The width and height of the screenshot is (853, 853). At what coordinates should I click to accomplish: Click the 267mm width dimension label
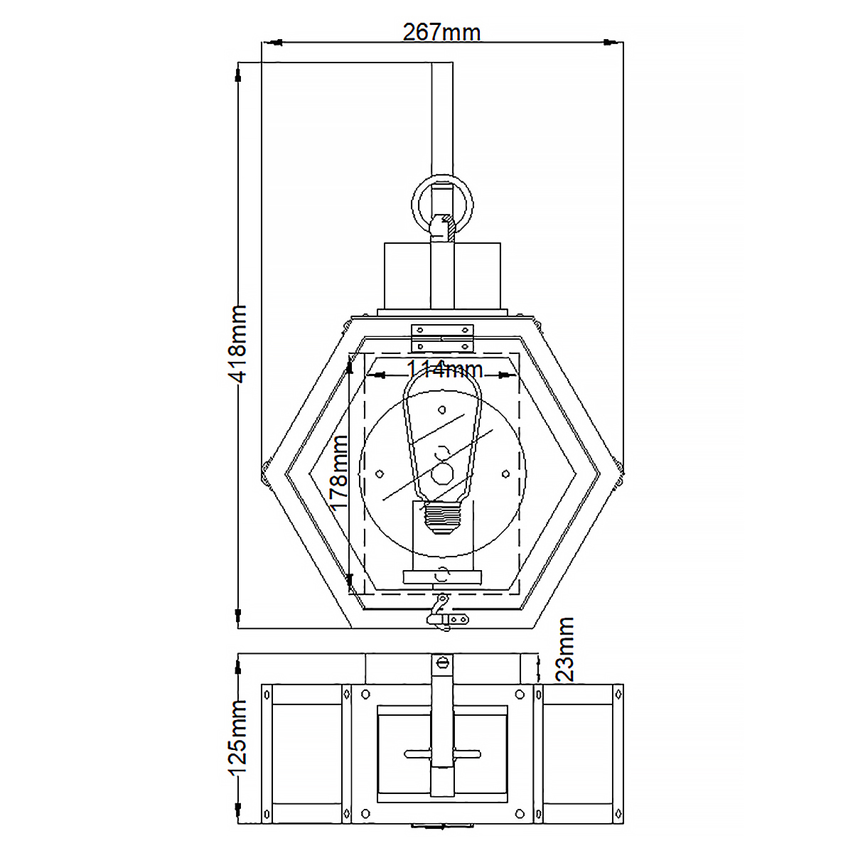[x=441, y=32]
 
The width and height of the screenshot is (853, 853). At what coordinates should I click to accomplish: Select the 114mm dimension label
[x=444, y=369]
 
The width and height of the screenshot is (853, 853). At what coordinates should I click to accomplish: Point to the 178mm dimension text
[x=340, y=473]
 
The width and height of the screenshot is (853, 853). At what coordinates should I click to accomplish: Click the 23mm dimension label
[x=564, y=650]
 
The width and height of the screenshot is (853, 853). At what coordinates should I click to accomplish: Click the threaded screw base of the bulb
[x=442, y=518]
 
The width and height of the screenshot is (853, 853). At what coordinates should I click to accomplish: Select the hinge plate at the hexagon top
[x=442, y=338]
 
